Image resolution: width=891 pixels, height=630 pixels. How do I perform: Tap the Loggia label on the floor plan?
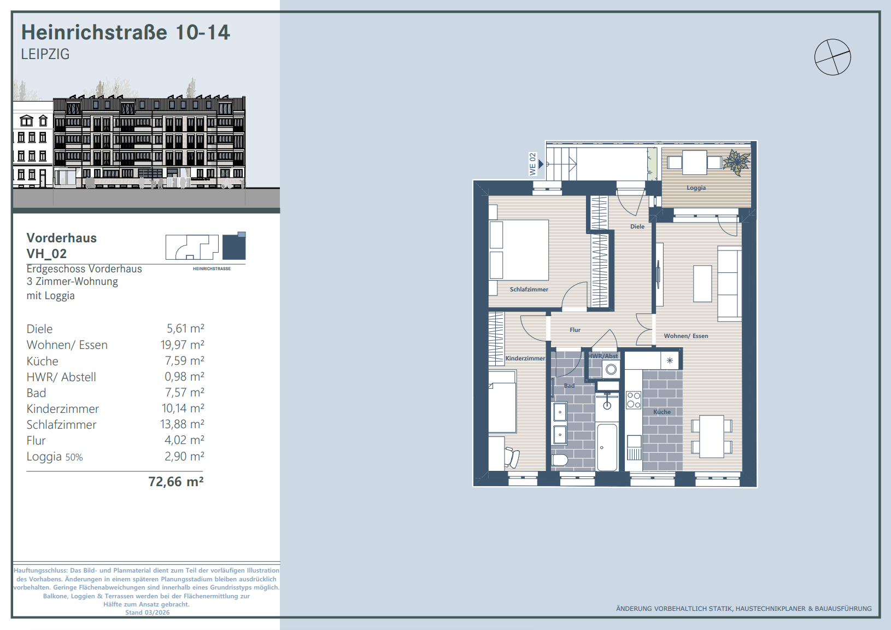pos(696,188)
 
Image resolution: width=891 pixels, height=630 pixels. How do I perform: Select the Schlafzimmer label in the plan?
pos(529,289)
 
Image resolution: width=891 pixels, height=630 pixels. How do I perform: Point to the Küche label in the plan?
pos(662,412)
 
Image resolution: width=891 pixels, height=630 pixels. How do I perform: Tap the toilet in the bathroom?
pos(560,460)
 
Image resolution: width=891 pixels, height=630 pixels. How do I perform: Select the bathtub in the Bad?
pos(607,447)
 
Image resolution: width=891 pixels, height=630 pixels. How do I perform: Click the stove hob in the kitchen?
pos(634,400)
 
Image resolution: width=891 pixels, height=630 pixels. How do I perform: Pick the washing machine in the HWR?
pos(611,370)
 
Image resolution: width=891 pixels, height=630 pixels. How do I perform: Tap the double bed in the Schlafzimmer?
pos(519,249)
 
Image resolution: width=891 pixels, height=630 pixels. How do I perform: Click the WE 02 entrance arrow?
pos(541,164)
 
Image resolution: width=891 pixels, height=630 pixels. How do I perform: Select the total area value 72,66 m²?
pos(176,482)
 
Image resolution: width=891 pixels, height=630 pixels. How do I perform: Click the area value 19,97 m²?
pos(183,345)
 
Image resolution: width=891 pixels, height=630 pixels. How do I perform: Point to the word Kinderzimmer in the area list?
pos(62,409)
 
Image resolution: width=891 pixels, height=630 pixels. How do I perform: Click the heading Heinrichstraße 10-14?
pos(125,32)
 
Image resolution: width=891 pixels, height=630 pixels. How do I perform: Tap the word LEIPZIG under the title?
pos(45,54)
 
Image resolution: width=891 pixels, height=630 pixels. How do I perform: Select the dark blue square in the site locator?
pos(234,247)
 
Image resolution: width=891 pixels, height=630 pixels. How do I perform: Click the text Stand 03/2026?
pos(147,612)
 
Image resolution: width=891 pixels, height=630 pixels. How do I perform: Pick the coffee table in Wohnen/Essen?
pos(702,284)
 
